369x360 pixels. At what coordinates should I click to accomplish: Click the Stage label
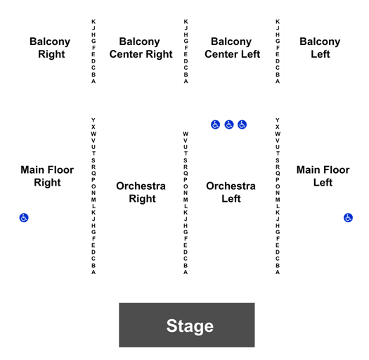coord(190,326)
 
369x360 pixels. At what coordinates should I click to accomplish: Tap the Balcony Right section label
coord(50,48)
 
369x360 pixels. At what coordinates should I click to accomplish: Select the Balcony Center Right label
coord(141,48)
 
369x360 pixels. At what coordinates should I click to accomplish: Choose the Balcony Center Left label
coord(232,48)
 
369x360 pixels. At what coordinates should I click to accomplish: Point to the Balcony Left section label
coord(320,48)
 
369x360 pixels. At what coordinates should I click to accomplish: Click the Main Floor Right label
coord(47,176)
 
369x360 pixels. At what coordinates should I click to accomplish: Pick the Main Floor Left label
coord(323,176)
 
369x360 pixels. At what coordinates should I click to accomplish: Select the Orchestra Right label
coord(141,193)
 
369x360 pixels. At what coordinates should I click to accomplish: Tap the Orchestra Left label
coord(231,193)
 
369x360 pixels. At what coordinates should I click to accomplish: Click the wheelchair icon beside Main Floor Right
coord(24,218)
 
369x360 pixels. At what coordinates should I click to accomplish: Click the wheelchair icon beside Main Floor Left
coord(348,218)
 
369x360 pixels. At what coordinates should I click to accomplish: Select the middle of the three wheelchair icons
coord(229,124)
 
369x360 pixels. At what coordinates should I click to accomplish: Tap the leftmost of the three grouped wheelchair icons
coord(215,124)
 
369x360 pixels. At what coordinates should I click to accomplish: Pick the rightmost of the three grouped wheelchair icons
coord(242,124)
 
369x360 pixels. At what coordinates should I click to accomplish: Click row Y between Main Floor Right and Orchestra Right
coord(93,120)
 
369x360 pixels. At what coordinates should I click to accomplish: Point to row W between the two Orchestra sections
coord(186,134)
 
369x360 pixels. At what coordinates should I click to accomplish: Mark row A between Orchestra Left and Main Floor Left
coord(278,272)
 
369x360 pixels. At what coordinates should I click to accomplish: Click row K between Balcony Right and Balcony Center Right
coord(93,22)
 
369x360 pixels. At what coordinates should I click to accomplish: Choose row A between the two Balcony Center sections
coord(186,82)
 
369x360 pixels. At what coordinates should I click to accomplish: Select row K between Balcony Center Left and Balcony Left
coord(278,22)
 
